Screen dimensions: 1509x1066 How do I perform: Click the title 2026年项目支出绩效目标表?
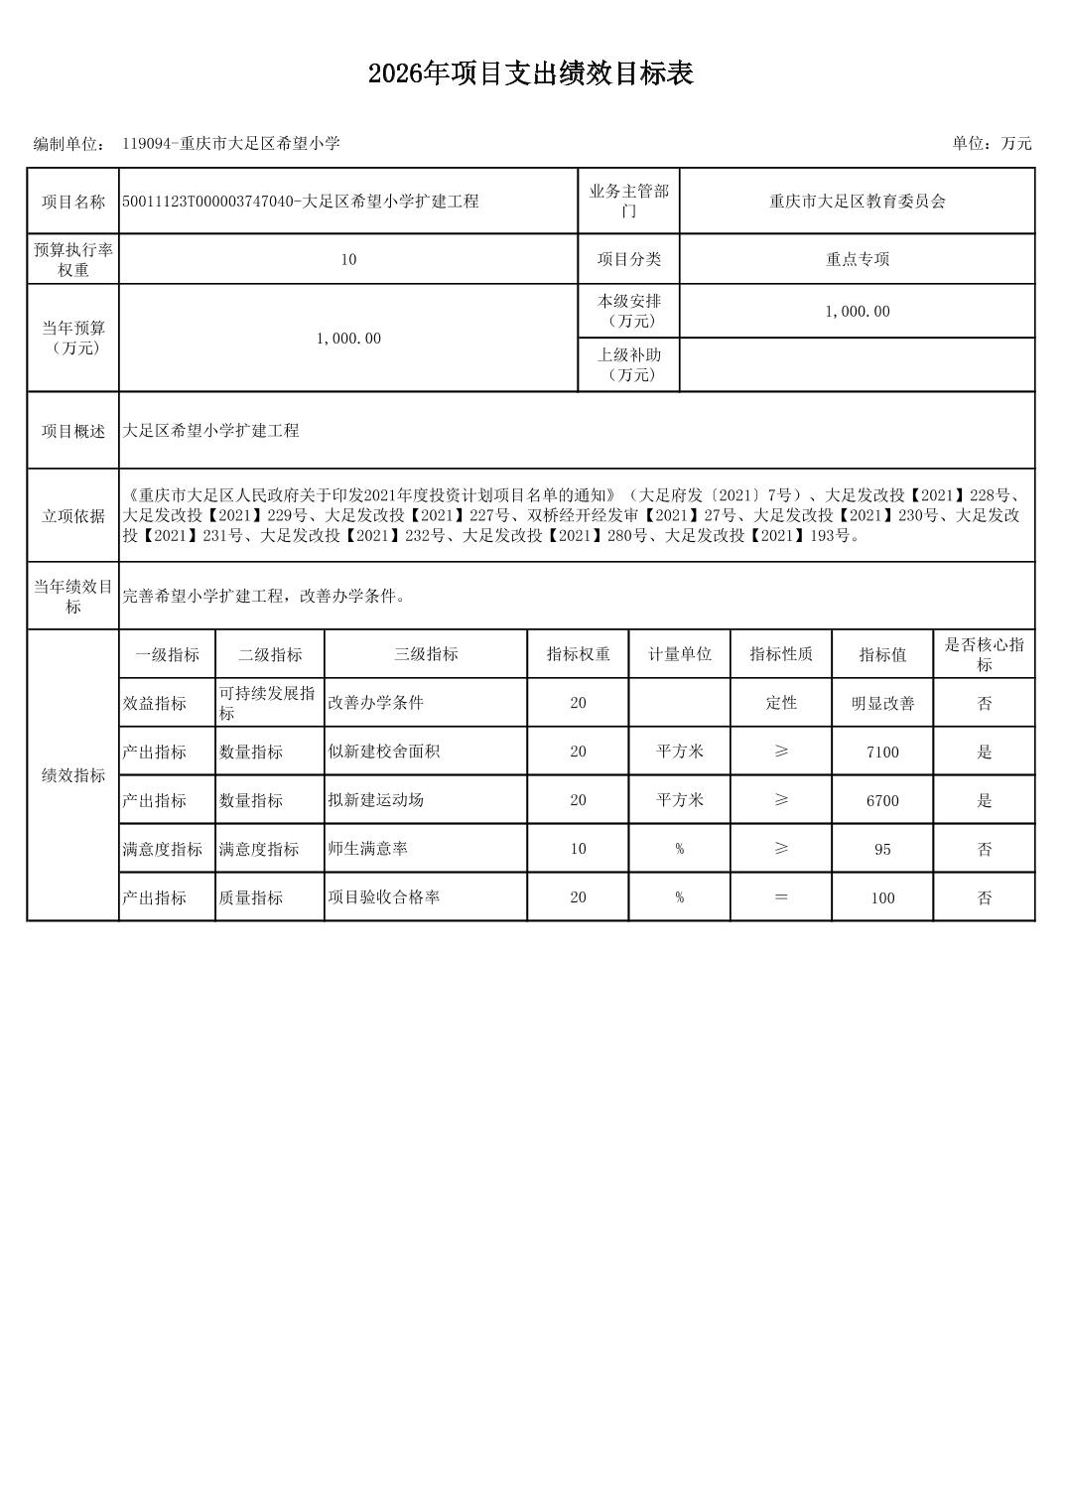click(x=530, y=73)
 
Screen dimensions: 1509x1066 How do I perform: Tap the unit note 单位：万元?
click(x=992, y=143)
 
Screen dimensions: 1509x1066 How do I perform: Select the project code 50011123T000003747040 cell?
click(x=301, y=202)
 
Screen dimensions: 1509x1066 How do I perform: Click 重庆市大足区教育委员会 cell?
click(x=858, y=202)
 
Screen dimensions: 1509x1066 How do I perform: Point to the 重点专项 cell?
click(x=858, y=259)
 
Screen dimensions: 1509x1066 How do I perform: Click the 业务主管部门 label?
click(x=628, y=202)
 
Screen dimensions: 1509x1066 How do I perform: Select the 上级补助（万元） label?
click(x=628, y=364)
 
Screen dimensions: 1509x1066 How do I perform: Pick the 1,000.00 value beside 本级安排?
click(x=858, y=311)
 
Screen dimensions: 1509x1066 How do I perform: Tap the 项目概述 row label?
click(x=73, y=431)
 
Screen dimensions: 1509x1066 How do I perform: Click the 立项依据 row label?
click(x=73, y=516)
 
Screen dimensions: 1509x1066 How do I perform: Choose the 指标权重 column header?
click(x=578, y=654)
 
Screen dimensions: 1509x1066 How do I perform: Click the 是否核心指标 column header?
click(x=984, y=654)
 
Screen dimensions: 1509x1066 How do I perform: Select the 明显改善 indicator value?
click(x=882, y=703)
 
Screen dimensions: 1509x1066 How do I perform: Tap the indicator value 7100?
click(x=882, y=752)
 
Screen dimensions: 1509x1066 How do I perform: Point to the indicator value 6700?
click(x=882, y=800)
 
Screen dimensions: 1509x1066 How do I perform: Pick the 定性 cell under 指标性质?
click(x=781, y=703)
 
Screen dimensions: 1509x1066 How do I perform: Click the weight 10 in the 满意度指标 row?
click(x=578, y=849)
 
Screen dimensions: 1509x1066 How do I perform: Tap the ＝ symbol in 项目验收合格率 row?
click(x=781, y=897)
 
